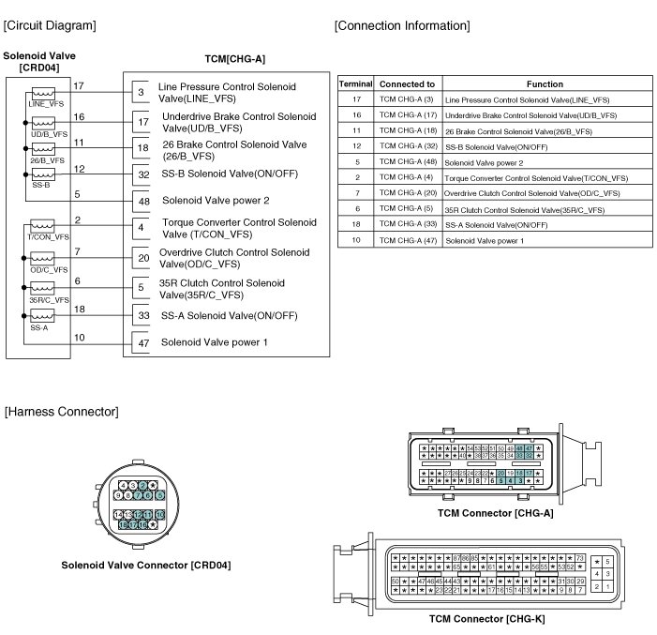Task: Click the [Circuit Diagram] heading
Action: coord(50,24)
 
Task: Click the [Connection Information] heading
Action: coord(402,24)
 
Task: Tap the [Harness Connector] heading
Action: coord(61,412)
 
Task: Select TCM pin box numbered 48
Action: coord(143,201)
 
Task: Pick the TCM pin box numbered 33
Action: coord(143,317)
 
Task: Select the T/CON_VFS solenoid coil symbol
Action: coord(43,227)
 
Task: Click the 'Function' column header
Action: coord(545,83)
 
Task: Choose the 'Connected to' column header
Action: coord(407,83)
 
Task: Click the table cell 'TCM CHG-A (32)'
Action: coord(407,146)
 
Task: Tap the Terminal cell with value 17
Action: coord(356,98)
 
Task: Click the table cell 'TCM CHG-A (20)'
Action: coord(407,193)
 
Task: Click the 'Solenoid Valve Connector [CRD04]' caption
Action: coord(145,566)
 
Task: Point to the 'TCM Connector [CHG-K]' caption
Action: coord(486,619)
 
